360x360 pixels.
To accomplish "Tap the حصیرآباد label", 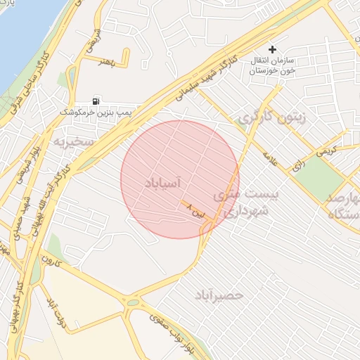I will (x=219, y=295).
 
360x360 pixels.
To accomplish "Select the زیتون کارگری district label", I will (x=271, y=117).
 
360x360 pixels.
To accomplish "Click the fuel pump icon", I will (x=96, y=101).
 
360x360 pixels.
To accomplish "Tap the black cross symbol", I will (x=273, y=49).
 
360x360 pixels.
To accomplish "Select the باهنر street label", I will (x=105, y=63).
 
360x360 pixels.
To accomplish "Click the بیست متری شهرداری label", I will (x=242, y=200).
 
